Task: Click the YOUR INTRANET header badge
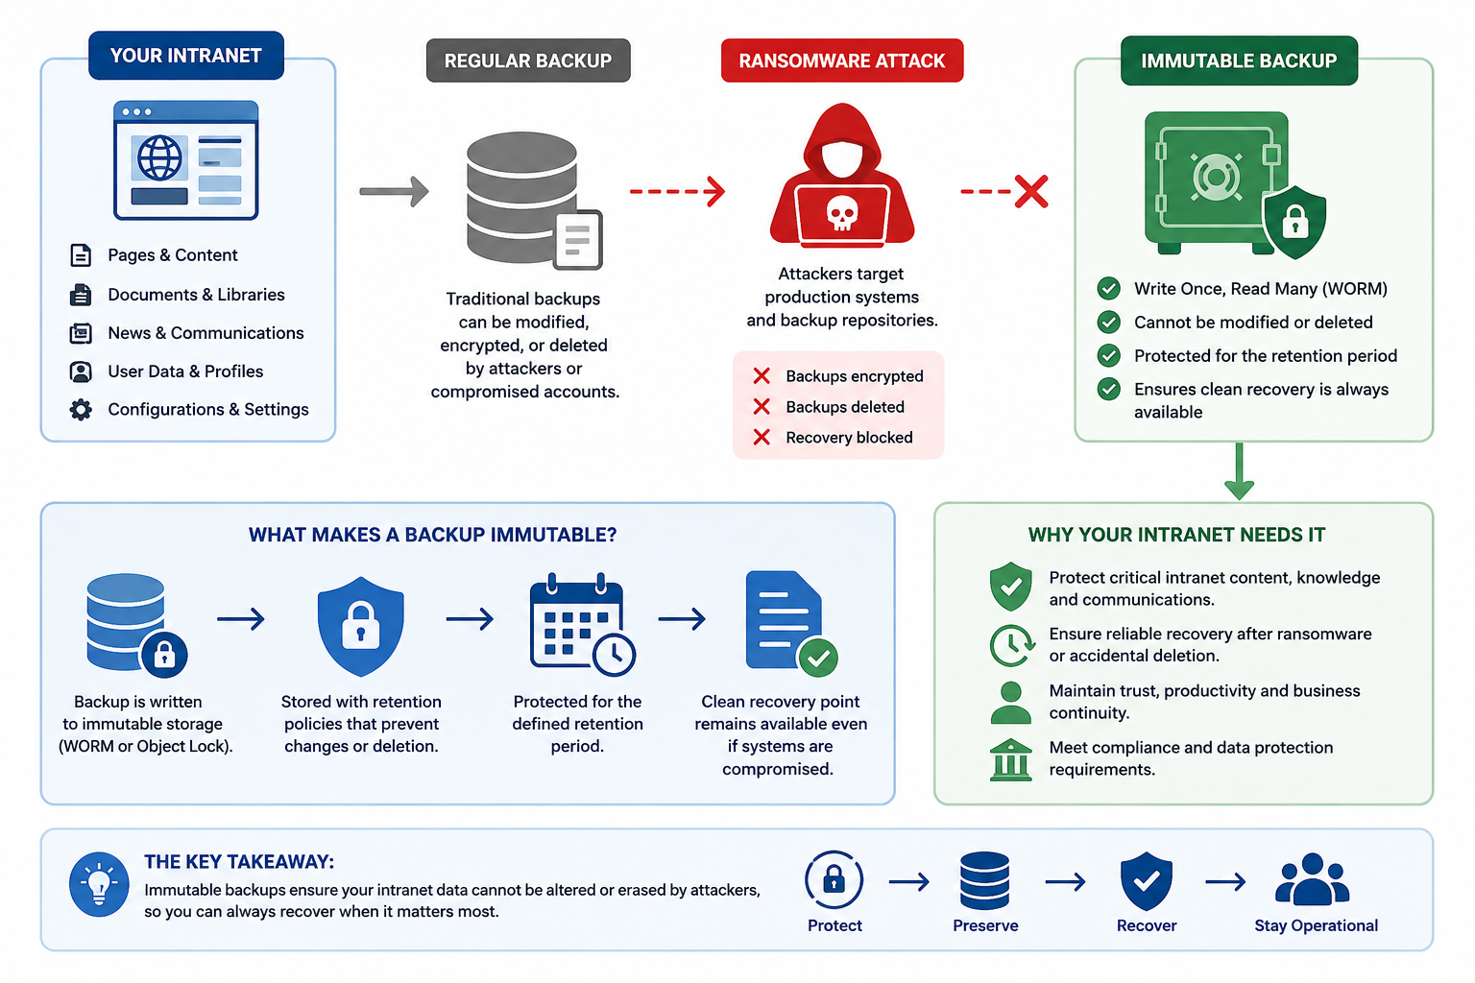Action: tap(186, 56)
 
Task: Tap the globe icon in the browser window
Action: tap(159, 158)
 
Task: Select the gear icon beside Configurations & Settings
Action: tap(81, 410)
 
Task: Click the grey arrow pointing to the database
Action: tap(394, 192)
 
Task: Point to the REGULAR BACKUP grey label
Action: tap(528, 60)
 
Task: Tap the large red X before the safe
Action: tap(1031, 192)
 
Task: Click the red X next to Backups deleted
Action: tap(762, 407)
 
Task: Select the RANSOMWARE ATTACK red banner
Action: tap(842, 60)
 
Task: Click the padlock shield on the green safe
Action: tap(1294, 223)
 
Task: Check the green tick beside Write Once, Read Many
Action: tap(1109, 288)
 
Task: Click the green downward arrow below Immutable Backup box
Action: tap(1240, 471)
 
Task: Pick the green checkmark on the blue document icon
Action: tap(818, 657)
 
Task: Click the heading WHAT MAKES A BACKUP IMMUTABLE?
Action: tap(433, 535)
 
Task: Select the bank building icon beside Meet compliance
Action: tap(1011, 759)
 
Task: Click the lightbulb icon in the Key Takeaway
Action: tap(99, 884)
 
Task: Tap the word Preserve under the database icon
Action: tap(985, 925)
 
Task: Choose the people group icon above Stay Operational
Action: tap(1313, 879)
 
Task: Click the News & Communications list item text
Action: tap(206, 333)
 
